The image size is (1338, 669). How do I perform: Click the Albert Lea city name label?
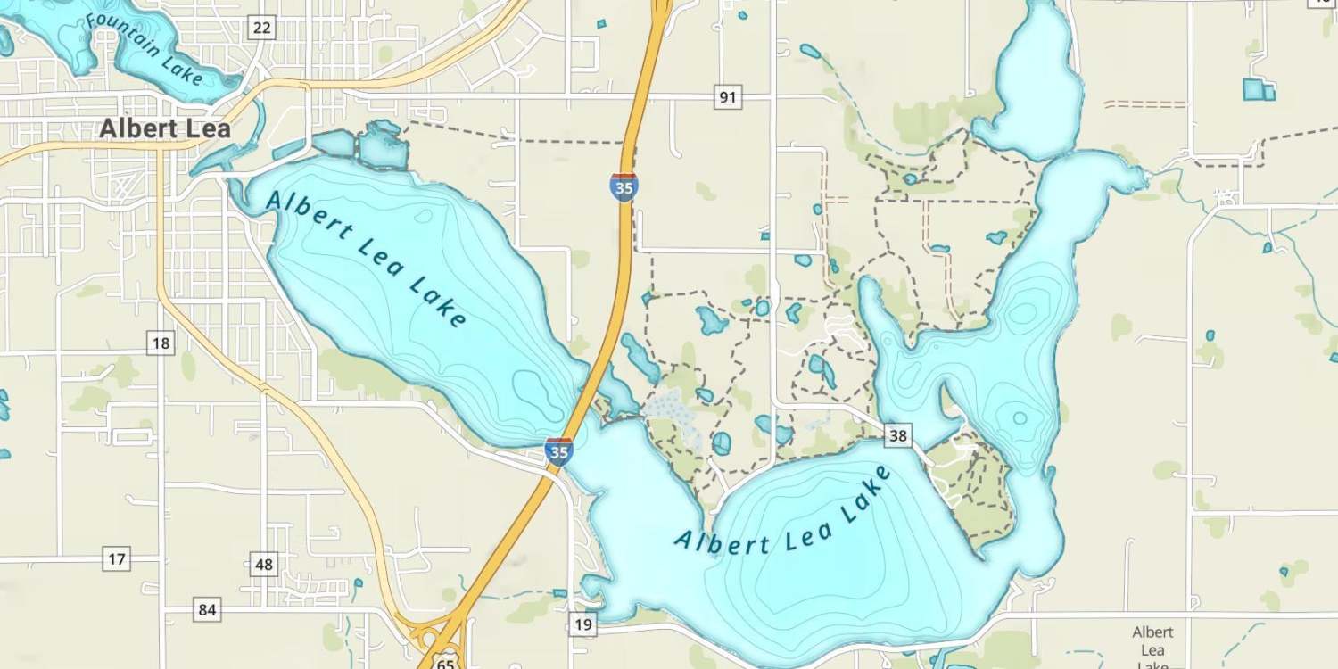click(x=165, y=128)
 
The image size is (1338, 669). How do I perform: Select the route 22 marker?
click(x=261, y=28)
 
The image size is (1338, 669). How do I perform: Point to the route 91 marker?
click(x=728, y=96)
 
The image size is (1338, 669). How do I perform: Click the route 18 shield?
click(x=161, y=343)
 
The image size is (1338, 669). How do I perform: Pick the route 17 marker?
click(x=117, y=559)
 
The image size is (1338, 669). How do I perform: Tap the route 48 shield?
click(x=264, y=564)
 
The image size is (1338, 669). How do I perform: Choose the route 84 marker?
click(x=207, y=610)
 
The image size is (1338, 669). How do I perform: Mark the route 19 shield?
click(x=582, y=624)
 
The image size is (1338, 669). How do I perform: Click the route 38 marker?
click(x=898, y=435)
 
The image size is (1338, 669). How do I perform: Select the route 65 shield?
click(x=447, y=662)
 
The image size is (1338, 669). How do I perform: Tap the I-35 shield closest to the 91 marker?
click(x=624, y=187)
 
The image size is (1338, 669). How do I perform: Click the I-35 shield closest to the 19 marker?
click(x=558, y=451)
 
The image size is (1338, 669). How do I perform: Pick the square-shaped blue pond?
click(x=1255, y=89)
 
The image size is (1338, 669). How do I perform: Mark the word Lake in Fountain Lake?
click(x=183, y=68)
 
